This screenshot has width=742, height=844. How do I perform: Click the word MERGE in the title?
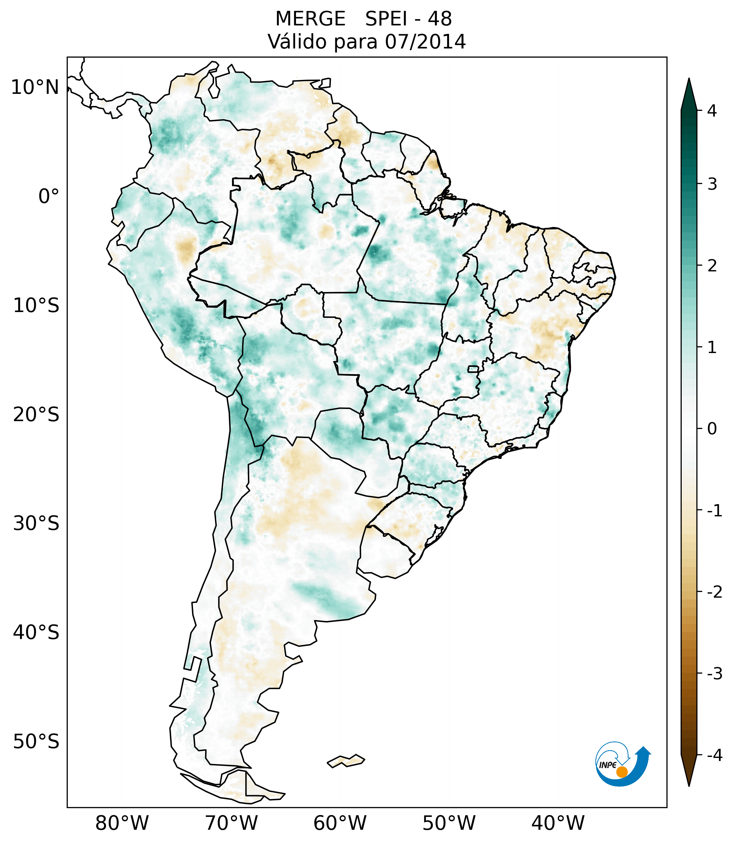click(x=310, y=19)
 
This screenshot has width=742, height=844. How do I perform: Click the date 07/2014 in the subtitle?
click(x=425, y=42)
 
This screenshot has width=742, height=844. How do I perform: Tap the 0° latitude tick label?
click(x=49, y=197)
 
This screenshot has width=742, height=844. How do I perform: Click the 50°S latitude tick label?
click(x=36, y=742)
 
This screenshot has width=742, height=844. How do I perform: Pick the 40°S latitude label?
click(x=36, y=632)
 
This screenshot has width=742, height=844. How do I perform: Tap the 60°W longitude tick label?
click(x=340, y=823)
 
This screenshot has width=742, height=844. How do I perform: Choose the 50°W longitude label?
click(x=449, y=823)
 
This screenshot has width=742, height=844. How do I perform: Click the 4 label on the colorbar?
click(x=712, y=111)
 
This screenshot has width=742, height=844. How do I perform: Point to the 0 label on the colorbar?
click(x=712, y=429)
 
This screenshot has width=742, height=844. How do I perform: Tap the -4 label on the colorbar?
click(x=714, y=756)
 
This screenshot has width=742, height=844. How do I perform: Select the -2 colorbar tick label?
click(x=714, y=592)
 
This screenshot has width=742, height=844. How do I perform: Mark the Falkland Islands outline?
click(x=346, y=761)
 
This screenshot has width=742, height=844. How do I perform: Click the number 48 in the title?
click(x=440, y=19)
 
